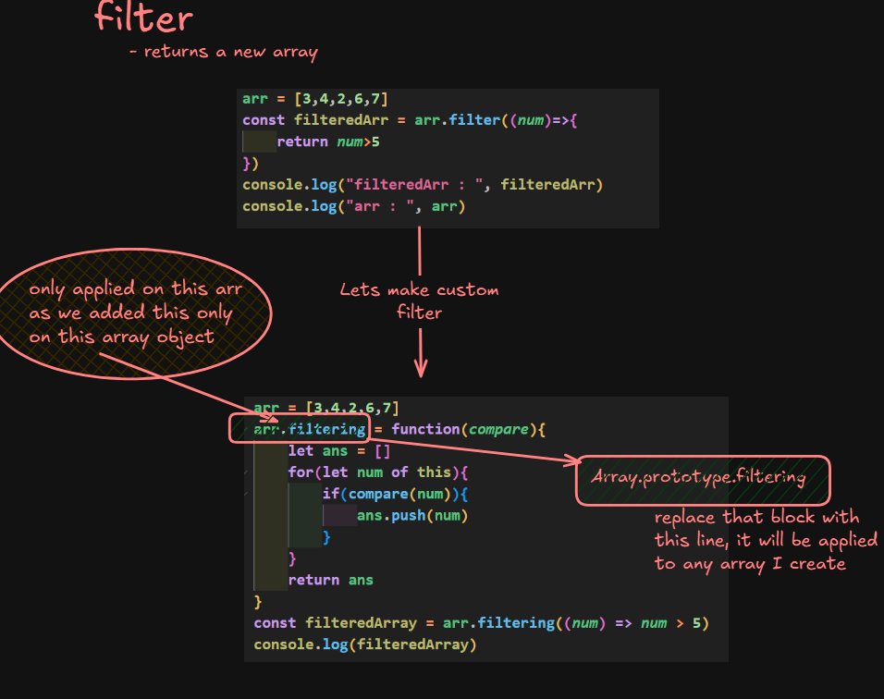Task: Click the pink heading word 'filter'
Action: [x=143, y=18]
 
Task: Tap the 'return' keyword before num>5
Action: [x=302, y=141]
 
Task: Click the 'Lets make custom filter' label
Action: [x=420, y=301]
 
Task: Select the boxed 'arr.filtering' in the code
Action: [x=299, y=429]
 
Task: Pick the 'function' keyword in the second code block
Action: [x=426, y=429]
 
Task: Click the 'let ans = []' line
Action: [x=327, y=450]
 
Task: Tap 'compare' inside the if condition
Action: [x=374, y=494]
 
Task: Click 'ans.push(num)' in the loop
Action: [x=412, y=515]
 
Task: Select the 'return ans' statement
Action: [x=330, y=580]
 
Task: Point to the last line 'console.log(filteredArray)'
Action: [x=364, y=644]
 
